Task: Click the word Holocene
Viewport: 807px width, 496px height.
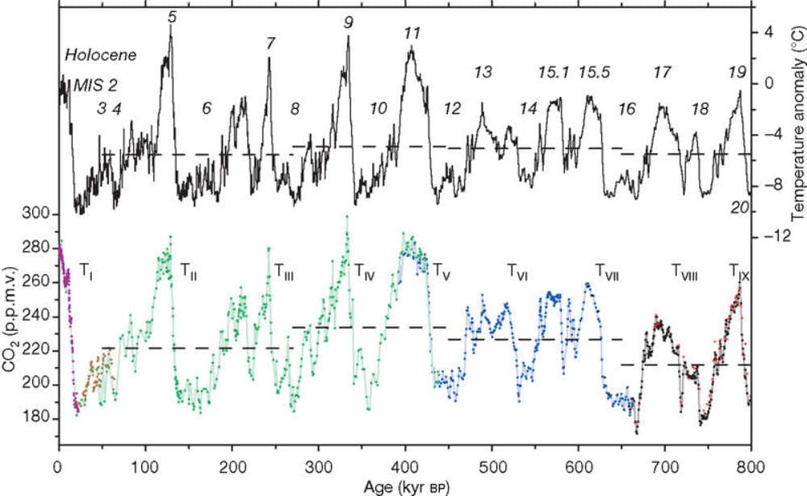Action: tap(101, 56)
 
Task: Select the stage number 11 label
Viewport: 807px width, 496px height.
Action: tap(412, 34)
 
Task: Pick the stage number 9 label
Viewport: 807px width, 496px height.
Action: tap(348, 23)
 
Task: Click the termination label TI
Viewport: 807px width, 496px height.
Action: tap(87, 270)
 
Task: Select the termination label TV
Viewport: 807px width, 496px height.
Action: tap(441, 270)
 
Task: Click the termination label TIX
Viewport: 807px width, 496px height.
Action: tap(739, 270)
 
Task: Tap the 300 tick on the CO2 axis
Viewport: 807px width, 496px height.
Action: tap(38, 215)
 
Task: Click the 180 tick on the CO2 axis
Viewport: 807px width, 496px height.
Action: tap(38, 419)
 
